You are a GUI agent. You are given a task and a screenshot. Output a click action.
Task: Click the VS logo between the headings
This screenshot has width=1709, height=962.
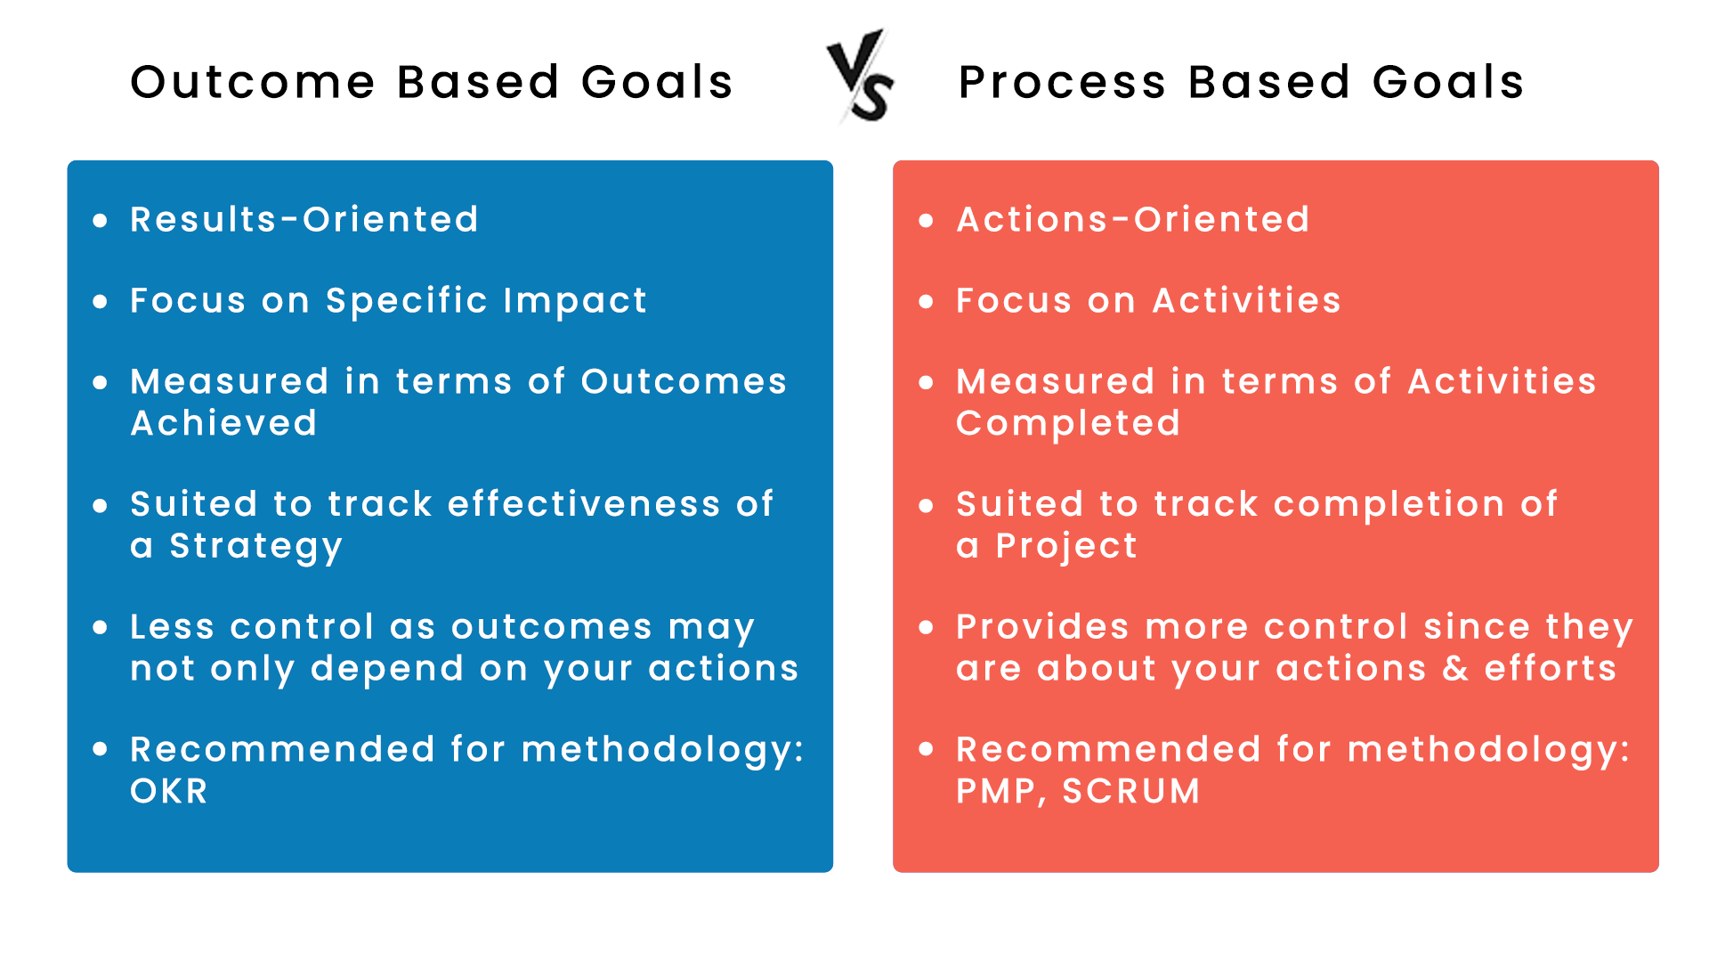(x=860, y=77)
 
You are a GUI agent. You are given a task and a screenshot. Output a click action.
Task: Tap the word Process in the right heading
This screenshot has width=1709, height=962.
(x=1062, y=82)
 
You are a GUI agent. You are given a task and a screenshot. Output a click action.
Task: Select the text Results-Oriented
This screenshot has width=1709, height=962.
(x=304, y=219)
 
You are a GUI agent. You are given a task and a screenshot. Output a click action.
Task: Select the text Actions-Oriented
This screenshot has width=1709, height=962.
(x=1132, y=219)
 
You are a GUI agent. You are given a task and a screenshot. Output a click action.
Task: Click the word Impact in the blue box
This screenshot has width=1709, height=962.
(x=575, y=301)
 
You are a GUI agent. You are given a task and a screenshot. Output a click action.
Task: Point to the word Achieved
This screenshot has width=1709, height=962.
(x=223, y=423)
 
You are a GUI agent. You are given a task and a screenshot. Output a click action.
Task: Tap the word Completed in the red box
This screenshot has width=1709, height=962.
(x=1067, y=423)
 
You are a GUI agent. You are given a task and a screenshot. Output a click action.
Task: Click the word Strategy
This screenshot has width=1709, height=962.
(x=255, y=546)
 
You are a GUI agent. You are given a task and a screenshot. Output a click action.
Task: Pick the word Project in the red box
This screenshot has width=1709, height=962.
(x=1066, y=546)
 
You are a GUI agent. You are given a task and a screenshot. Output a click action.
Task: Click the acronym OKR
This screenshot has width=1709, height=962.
(x=169, y=791)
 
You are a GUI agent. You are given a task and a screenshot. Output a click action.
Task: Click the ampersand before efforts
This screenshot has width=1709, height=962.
(x=1455, y=668)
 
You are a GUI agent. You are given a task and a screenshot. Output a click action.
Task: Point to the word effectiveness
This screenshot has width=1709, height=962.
(x=583, y=504)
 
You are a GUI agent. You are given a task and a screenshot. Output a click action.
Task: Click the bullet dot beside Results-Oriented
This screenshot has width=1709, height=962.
(x=100, y=220)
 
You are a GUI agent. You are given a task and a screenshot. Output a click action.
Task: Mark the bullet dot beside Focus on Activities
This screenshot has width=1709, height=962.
(x=926, y=302)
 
